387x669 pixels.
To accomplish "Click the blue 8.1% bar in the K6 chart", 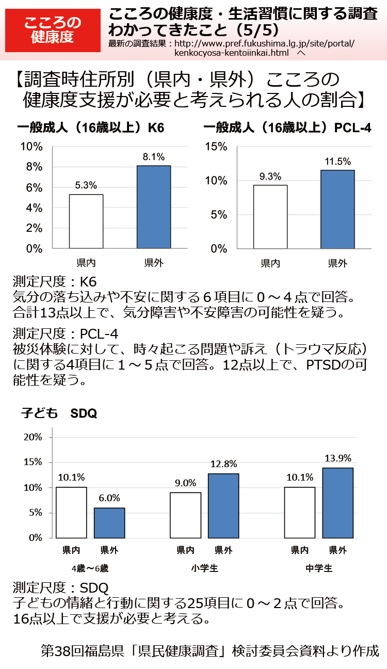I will [154, 207].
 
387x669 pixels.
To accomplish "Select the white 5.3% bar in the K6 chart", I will [86, 221].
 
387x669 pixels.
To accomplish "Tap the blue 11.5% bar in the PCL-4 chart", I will [337, 209].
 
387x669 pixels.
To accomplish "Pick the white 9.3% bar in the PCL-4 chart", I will [270, 217].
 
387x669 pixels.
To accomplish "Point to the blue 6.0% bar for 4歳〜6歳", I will [109, 522].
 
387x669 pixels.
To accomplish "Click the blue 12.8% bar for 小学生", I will [223, 505].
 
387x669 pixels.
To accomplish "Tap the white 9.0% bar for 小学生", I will [186, 515].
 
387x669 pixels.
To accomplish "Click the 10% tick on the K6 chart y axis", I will [31, 147].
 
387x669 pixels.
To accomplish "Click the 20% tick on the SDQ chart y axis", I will [33, 437].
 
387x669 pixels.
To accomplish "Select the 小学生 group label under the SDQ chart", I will [204, 568].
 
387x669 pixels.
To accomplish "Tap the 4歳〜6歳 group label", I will [90, 568].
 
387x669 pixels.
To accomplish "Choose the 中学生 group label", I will [319, 568].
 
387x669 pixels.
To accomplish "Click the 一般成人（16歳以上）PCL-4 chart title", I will [287, 128].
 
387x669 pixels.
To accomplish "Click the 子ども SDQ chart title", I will [59, 413].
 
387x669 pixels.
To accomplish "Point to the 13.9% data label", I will [338, 458].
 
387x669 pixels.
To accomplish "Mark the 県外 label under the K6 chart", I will [154, 263].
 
